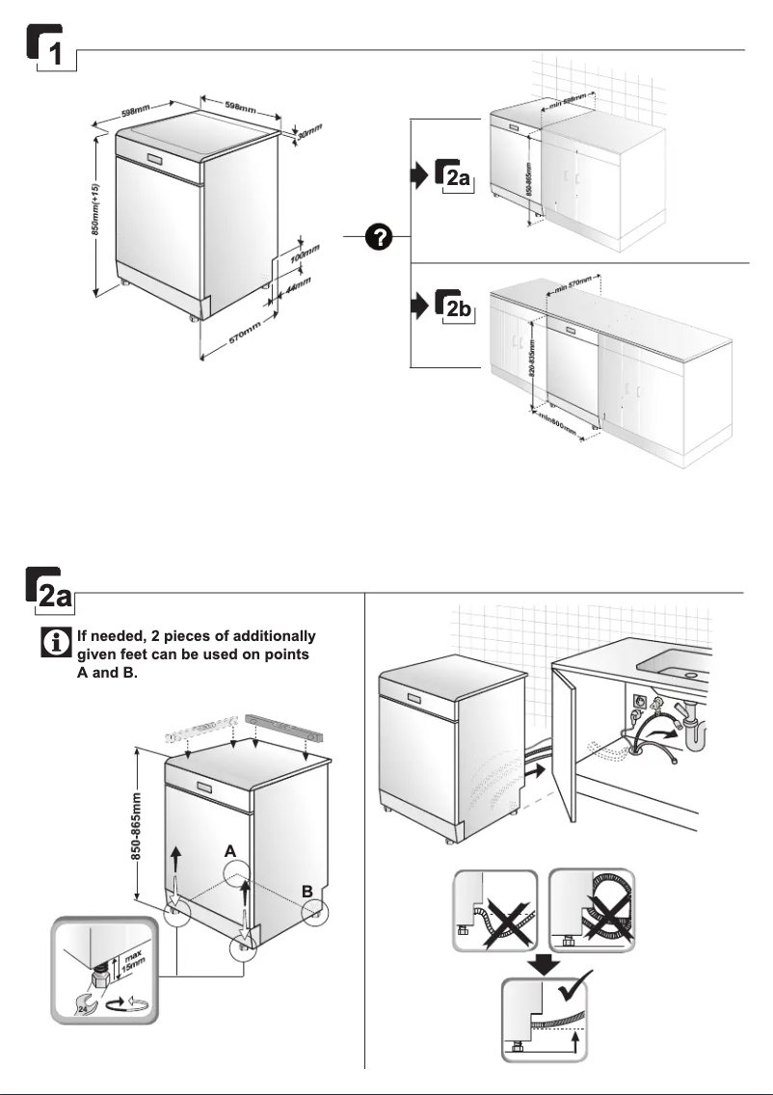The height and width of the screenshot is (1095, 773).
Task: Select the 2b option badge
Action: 456,307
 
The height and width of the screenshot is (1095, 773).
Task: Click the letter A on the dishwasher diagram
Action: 229,852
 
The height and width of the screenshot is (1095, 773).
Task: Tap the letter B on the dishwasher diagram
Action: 306,892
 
